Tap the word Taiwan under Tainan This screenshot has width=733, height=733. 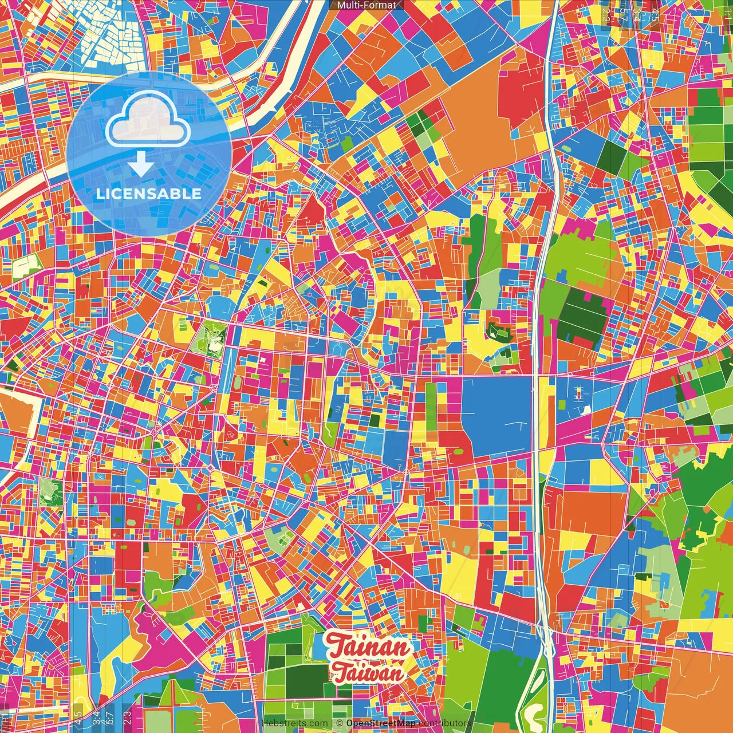click(368, 673)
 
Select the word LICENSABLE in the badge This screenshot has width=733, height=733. click(149, 194)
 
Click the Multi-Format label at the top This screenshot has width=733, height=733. click(366, 5)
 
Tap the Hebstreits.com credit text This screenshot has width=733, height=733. click(295, 723)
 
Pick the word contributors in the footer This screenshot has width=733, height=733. click(445, 723)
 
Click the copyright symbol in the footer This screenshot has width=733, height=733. click(340, 723)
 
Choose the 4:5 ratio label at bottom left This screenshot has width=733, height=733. click(78, 716)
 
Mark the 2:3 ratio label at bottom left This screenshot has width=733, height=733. click(127, 716)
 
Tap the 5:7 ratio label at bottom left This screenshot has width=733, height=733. click(109, 716)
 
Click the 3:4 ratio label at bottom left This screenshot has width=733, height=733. click(96, 716)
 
